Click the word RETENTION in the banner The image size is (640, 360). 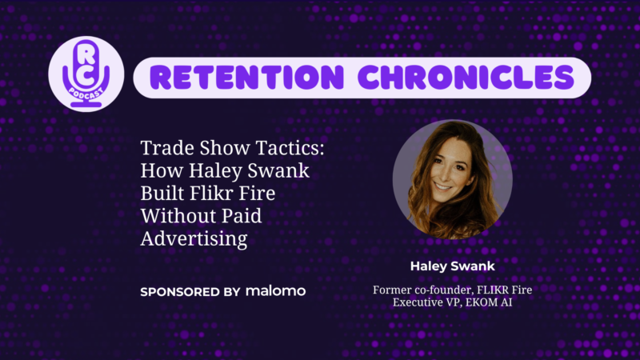[247, 78]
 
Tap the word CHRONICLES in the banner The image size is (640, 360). [466, 78]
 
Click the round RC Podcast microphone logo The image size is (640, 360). [86, 74]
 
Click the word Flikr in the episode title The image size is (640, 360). [213, 193]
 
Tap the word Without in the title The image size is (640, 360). [178, 215]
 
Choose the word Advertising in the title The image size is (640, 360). [194, 238]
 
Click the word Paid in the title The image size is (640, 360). [242, 215]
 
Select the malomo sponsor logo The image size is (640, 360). [275, 291]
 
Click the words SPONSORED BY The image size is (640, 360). [190, 292]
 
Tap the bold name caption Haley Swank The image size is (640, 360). [452, 266]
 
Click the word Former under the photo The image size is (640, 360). [392, 290]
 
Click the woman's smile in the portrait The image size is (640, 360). [444, 187]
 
